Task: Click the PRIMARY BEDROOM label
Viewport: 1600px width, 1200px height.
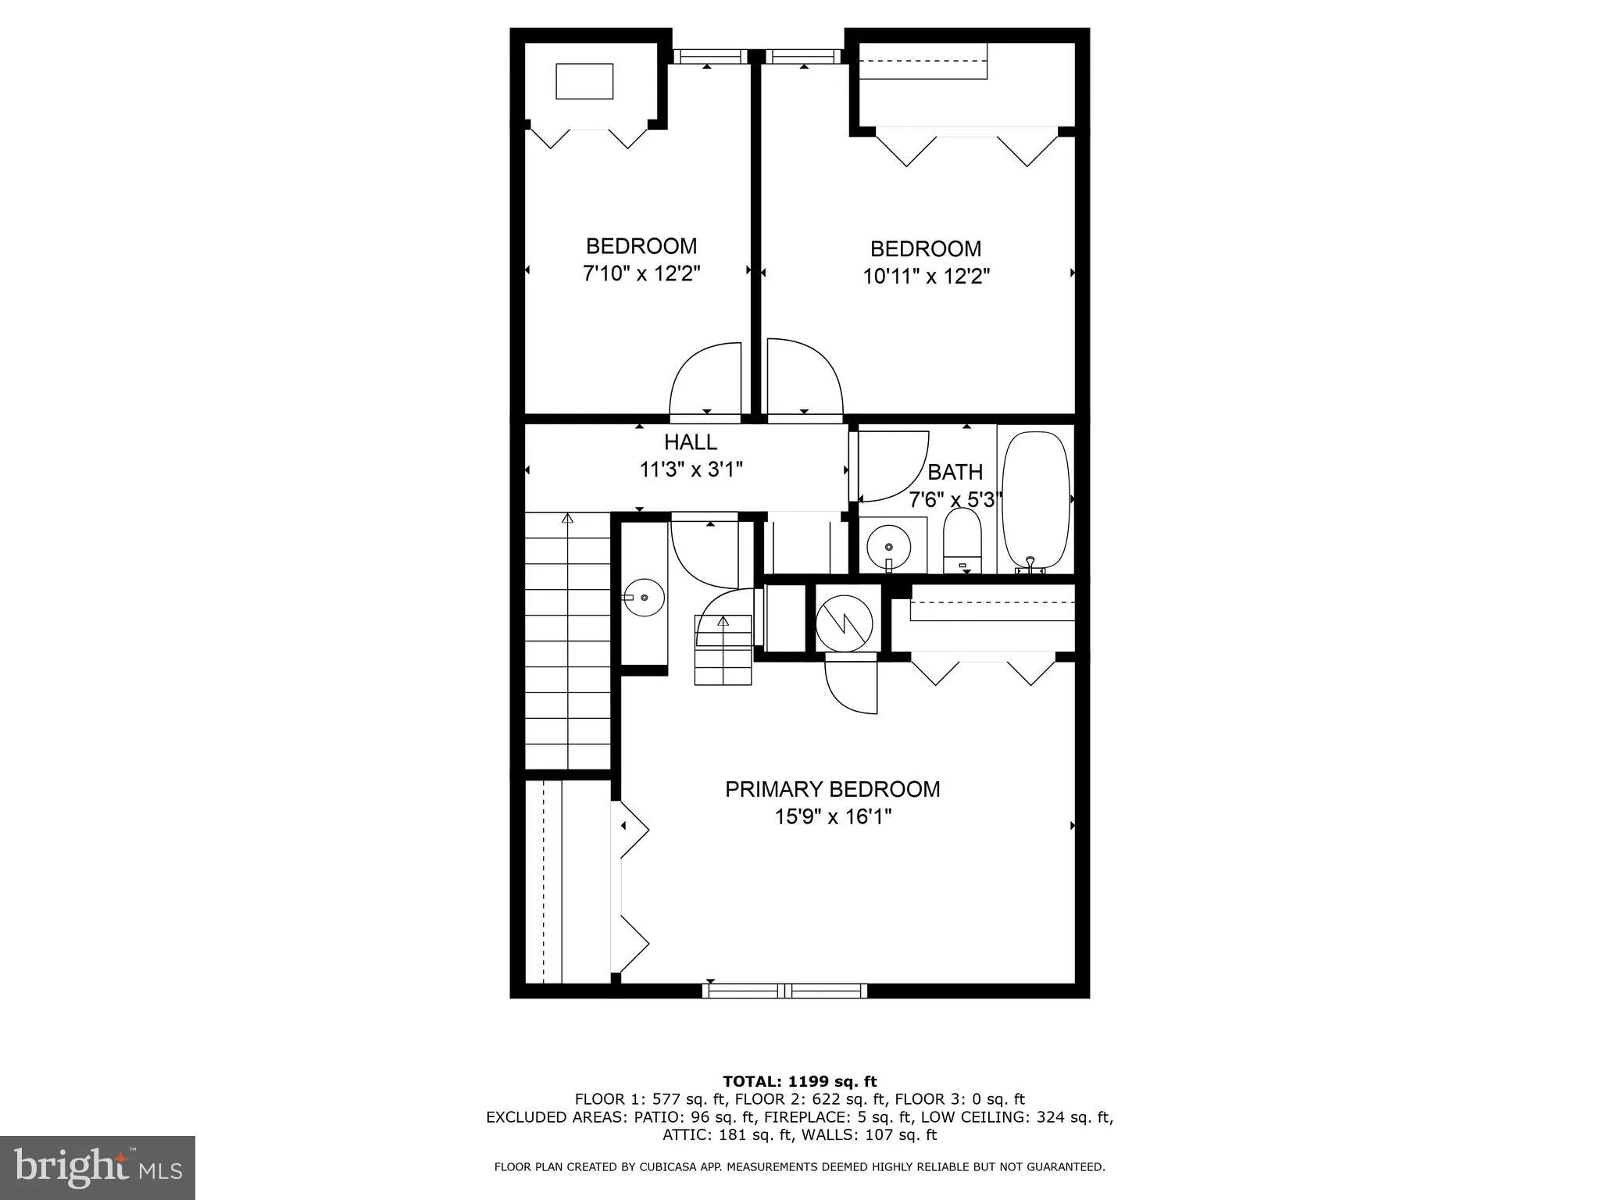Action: coord(832,789)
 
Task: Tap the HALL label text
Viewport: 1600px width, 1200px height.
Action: coord(691,442)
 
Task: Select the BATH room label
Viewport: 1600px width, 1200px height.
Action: coord(955,473)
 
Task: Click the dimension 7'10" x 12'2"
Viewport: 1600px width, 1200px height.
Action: coord(641,274)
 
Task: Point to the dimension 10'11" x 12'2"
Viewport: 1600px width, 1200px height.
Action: coord(926,277)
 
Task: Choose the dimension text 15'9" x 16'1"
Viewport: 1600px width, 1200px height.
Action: coord(833,817)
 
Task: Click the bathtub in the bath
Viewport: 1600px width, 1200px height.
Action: coord(1035,501)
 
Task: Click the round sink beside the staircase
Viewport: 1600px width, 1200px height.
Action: coord(645,598)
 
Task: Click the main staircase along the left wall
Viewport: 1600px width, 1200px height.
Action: coord(567,641)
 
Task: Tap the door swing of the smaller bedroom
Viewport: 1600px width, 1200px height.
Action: coord(705,379)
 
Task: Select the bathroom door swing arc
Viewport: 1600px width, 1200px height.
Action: coord(891,466)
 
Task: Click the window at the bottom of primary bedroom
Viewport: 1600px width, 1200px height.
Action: coord(784,991)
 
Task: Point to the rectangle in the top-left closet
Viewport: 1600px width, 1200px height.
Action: coord(584,81)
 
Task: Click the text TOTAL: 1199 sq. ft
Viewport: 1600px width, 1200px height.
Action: coord(799,1082)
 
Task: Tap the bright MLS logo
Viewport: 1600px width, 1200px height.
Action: coord(98,1167)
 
